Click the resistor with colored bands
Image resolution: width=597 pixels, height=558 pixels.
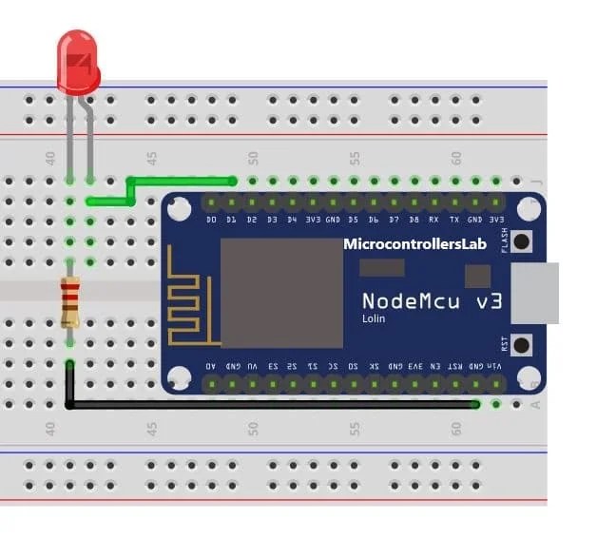coord(69,301)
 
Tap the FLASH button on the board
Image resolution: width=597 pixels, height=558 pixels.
coord(522,241)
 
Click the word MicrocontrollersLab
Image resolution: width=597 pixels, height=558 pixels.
coord(414,244)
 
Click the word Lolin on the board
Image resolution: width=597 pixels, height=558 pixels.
coord(375,319)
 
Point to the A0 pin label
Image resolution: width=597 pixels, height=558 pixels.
coord(211,365)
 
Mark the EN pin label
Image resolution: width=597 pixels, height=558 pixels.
coord(434,365)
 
